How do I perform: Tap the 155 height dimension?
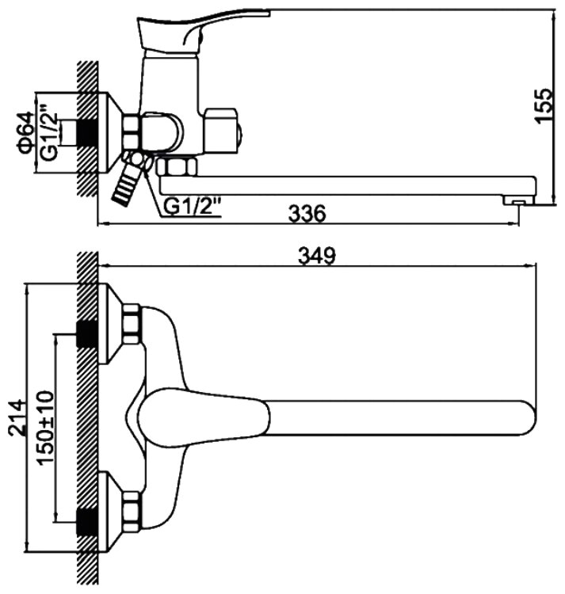click(x=542, y=105)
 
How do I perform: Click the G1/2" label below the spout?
click(x=193, y=207)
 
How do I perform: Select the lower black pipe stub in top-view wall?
click(x=84, y=519)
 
